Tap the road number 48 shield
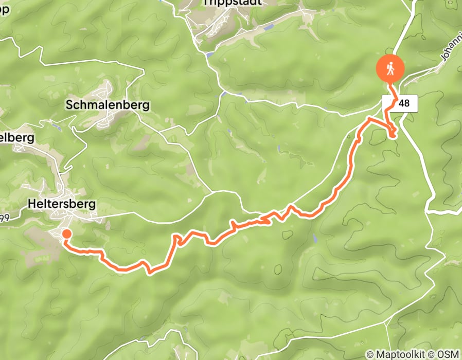click(x=404, y=103)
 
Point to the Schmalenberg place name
click(x=108, y=105)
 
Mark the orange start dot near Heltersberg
click(x=66, y=235)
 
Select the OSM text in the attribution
click(x=448, y=354)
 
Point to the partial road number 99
click(x=5, y=218)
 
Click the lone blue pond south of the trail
click(x=313, y=239)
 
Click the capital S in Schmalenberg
click(x=69, y=105)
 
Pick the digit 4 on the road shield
click(x=401, y=103)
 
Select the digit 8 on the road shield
click(x=407, y=103)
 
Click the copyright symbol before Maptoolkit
click(x=370, y=354)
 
